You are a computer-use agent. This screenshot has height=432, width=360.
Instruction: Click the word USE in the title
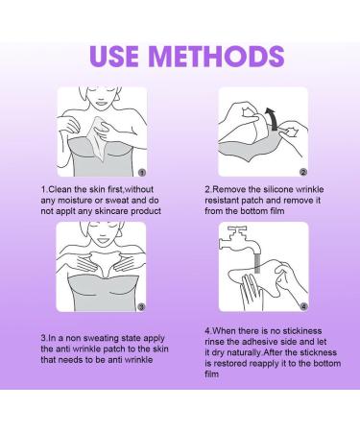click(114, 57)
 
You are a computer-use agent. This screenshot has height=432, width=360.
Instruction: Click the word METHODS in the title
click(217, 57)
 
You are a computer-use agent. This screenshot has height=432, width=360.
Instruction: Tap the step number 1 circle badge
click(142, 173)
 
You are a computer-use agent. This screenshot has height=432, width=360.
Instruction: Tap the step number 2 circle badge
click(303, 172)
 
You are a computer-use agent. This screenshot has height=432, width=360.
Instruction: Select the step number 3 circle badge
click(141, 307)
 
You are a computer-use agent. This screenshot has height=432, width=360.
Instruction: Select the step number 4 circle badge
click(303, 306)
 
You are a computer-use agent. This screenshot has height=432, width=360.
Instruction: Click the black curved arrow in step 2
click(272, 119)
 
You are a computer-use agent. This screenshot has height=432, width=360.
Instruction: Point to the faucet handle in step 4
click(237, 229)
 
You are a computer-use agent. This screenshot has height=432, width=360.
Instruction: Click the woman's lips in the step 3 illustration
click(103, 240)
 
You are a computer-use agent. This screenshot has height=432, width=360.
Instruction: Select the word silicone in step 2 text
click(277, 189)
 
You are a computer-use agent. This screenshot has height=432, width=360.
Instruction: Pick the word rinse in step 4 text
click(214, 342)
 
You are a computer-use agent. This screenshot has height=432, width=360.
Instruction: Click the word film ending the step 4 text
click(211, 374)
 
